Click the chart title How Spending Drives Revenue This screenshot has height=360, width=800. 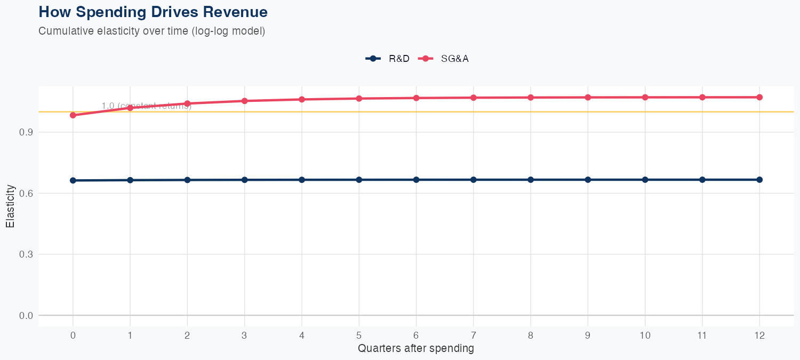coord(153,12)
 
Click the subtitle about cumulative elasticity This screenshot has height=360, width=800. coord(152,31)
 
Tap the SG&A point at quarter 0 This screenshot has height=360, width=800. coord(73,115)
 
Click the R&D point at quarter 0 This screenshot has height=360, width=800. coord(73,180)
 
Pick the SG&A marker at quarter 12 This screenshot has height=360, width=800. coord(759,97)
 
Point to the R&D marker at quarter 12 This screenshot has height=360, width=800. coord(759,180)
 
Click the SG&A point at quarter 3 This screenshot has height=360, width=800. coord(245,101)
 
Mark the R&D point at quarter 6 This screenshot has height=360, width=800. coord(416,180)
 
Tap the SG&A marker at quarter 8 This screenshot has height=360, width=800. coord(531,98)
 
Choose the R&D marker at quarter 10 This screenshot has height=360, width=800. coord(645,180)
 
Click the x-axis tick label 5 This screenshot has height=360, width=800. coord(359,335)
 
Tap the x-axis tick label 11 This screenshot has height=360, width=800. coord(702,335)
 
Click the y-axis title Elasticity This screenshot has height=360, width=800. coord(10,206)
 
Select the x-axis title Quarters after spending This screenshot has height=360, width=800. coord(416,349)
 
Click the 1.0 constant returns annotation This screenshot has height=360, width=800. coord(147,106)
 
